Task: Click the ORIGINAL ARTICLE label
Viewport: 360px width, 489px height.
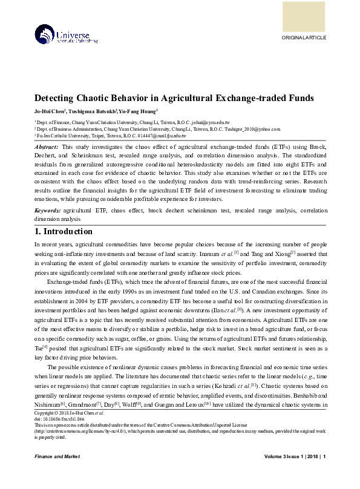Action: [x=304, y=38]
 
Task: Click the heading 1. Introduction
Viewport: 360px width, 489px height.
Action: [x=63, y=231]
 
